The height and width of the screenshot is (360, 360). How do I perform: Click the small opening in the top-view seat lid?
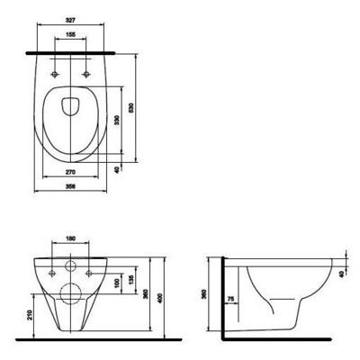[x=70, y=106]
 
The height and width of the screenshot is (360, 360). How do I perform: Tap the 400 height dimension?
[x=161, y=297]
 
